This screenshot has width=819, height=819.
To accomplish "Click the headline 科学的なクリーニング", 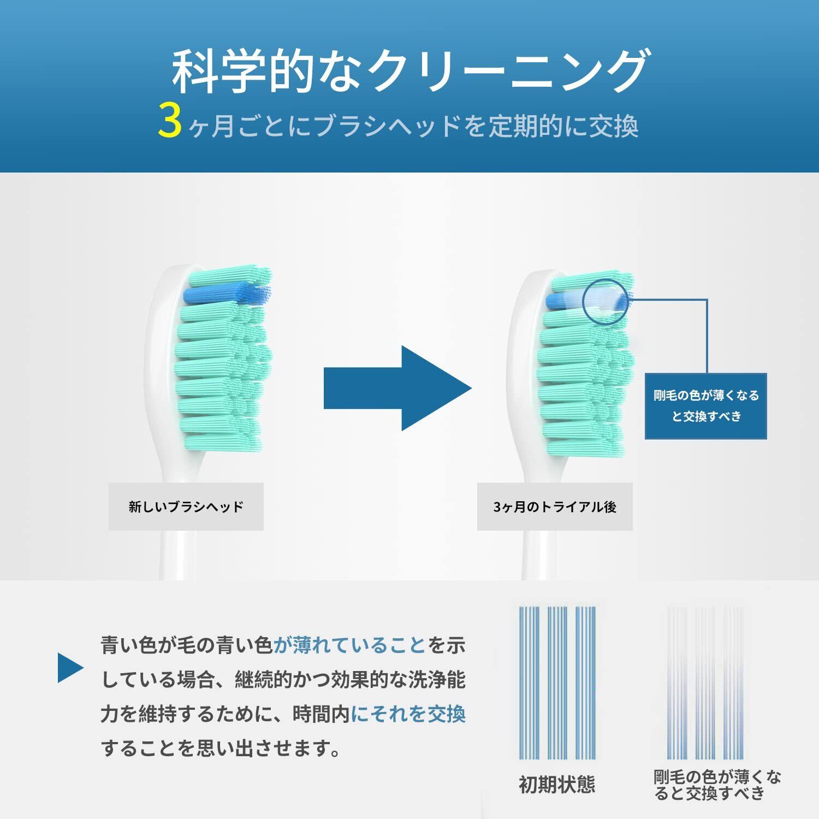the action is pos(410,71).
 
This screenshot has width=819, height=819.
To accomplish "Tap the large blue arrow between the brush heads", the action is pos(397,388).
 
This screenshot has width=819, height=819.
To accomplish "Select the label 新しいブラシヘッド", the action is pos(186,507).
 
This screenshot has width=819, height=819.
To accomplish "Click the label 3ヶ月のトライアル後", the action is pos(555,507).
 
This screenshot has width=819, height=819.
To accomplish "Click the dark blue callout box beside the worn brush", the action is pos(706,406).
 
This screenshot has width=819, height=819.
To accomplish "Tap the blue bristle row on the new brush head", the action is pos(227,295).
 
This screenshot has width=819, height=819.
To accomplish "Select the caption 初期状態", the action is pos(556,785).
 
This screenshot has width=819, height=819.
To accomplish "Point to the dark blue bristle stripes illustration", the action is pos(557,682).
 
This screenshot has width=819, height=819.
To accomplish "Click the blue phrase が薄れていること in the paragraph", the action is pos(349,646).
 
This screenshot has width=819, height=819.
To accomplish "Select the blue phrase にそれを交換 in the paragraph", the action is pos(408,714).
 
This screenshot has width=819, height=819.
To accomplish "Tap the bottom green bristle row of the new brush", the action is pos(221,443).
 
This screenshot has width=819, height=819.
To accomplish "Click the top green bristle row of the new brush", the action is pos(229,276).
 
